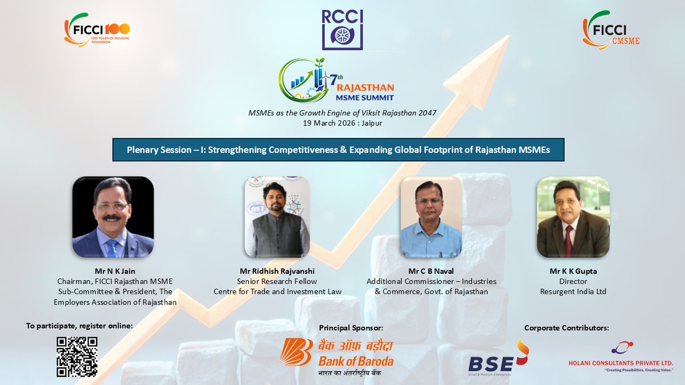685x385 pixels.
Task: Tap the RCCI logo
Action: coord(342,29)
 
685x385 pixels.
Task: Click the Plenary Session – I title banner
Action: coord(338,149)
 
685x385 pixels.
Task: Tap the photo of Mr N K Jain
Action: coord(113,217)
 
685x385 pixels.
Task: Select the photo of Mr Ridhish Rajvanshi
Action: coord(277,217)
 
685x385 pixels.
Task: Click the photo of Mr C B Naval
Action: coord(430,217)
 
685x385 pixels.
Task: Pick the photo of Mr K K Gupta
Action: coord(573,217)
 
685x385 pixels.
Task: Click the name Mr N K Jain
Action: coord(115,271)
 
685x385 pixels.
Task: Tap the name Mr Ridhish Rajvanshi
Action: coord(277,271)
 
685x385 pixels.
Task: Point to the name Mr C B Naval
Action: coord(431,271)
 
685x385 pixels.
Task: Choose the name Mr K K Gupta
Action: coord(573,271)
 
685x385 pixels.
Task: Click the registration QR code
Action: coord(77,356)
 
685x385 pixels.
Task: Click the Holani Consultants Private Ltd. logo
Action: coord(620,357)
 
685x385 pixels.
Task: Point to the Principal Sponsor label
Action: coord(350,328)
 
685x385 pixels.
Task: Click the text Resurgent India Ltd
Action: coord(573,291)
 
